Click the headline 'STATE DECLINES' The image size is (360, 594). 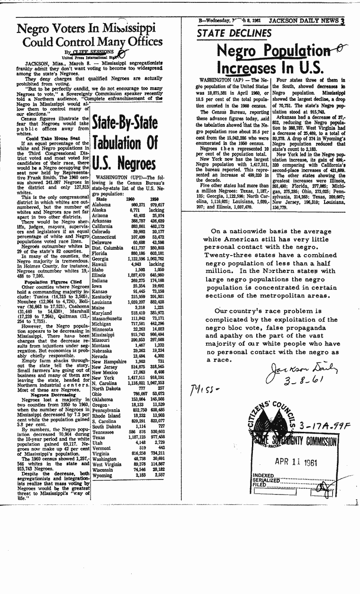coord(234,33)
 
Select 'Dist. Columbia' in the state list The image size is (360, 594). coord(107,247)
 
